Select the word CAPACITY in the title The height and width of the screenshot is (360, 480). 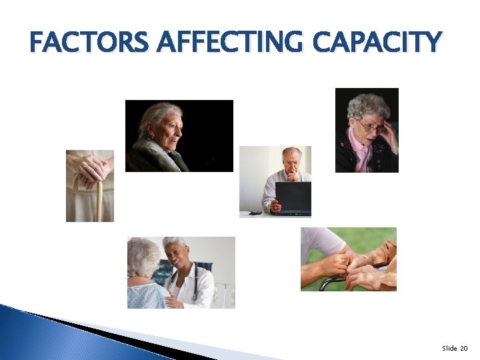tap(377, 43)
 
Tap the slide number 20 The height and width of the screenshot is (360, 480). tap(464, 349)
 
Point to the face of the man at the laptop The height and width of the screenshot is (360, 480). tap(291, 161)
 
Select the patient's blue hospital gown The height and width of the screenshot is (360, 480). tap(147, 295)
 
